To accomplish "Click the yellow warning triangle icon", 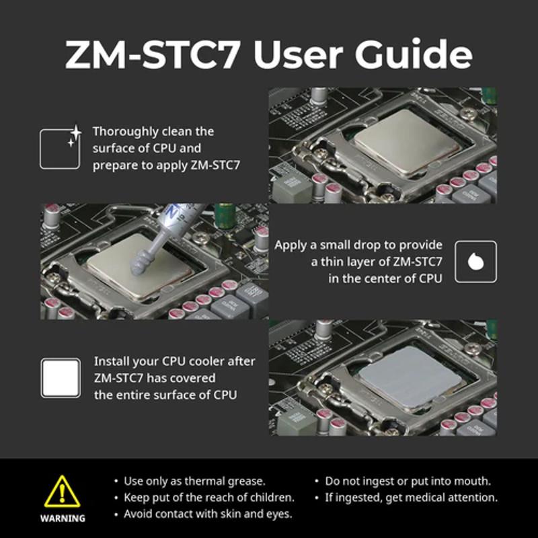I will pyautogui.click(x=63, y=492).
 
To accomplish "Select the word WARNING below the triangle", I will pyautogui.click(x=63, y=518).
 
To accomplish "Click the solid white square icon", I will pyautogui.click(x=61, y=378).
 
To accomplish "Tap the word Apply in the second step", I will pyautogui.click(x=290, y=245).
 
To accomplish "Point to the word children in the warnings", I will pyautogui.click(x=272, y=498).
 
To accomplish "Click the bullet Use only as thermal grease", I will pyautogui.click(x=194, y=482).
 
